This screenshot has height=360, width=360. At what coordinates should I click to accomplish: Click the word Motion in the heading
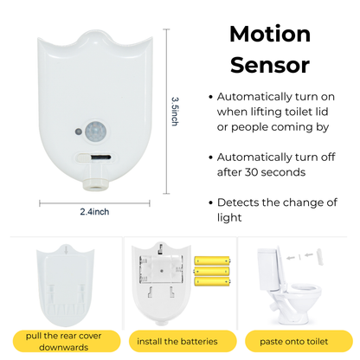point(269,35)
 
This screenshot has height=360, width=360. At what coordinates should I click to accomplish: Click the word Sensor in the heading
point(269,65)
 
